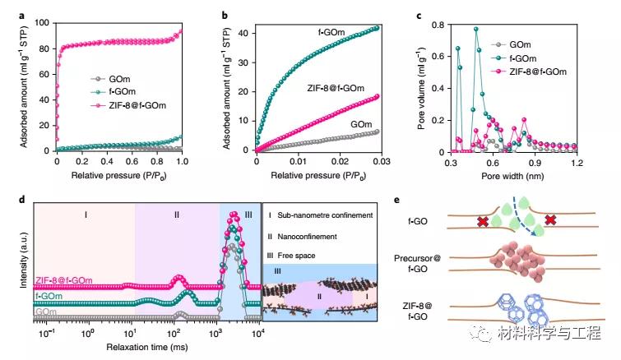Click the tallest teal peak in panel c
pos(475,30)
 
